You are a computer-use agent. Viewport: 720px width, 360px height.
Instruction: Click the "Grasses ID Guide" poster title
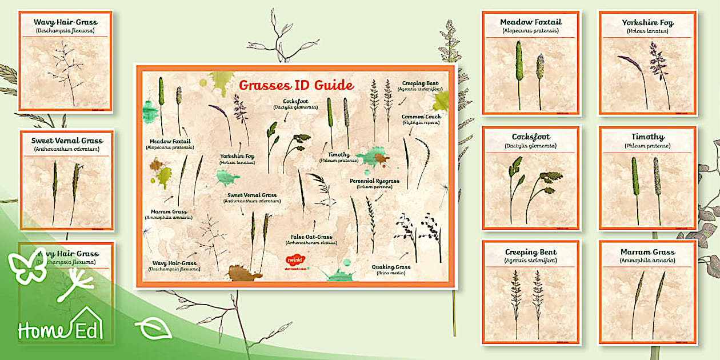(296, 86)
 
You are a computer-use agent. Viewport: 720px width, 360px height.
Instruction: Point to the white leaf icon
(153, 329)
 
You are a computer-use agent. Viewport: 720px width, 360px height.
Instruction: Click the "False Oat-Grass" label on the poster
(311, 237)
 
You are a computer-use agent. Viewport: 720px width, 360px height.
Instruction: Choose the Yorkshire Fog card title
(647, 23)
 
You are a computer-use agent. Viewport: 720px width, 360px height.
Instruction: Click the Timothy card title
(647, 137)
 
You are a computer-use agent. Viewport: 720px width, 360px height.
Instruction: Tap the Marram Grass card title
(647, 252)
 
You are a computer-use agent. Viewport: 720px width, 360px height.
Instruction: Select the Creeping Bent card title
(530, 252)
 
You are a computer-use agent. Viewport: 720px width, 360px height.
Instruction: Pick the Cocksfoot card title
(530, 137)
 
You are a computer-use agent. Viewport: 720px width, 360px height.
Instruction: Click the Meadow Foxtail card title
(530, 22)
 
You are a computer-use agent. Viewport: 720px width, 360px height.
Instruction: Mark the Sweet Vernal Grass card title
(67, 141)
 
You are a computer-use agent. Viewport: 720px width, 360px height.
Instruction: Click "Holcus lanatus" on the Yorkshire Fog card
(647, 31)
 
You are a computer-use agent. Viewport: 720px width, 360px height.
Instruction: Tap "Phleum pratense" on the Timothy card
(647, 146)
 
